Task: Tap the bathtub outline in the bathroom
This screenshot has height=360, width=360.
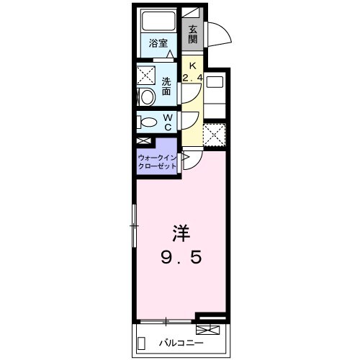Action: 158,22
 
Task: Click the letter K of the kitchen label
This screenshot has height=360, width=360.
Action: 192,63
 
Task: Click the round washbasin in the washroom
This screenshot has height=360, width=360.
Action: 148,96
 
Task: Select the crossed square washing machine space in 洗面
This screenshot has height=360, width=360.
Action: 148,74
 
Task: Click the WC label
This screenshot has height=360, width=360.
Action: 167,122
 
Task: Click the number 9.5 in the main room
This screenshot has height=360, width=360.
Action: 181,256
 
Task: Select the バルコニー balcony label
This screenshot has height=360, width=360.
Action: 180,343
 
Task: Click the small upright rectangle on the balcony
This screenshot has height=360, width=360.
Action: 143,343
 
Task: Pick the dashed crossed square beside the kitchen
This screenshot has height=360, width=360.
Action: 214,135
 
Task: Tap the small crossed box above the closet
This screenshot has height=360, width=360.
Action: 143,143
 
